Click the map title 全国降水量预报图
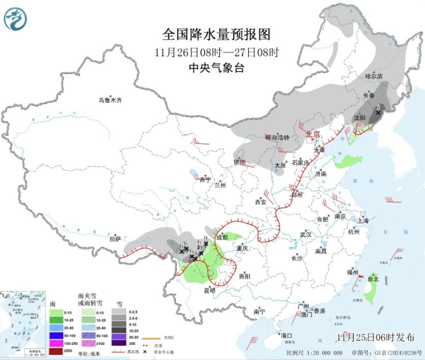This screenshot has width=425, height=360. [x=216, y=34]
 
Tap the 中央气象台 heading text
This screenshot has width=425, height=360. [x=216, y=69]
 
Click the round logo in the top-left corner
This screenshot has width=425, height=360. [x=16, y=20]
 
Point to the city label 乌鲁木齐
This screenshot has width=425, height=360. [x=110, y=100]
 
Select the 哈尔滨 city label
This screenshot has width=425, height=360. [x=374, y=76]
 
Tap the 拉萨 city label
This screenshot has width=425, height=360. [x=115, y=239]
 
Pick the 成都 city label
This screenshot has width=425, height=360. [x=222, y=238]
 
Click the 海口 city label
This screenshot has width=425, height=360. [x=286, y=336]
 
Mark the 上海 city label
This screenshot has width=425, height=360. [x=363, y=220]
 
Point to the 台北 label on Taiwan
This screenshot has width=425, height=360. [x=373, y=279]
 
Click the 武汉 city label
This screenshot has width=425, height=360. [x=306, y=235]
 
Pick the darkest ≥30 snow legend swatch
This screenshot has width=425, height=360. [x=118, y=344]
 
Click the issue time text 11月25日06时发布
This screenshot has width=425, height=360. [x=376, y=337]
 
